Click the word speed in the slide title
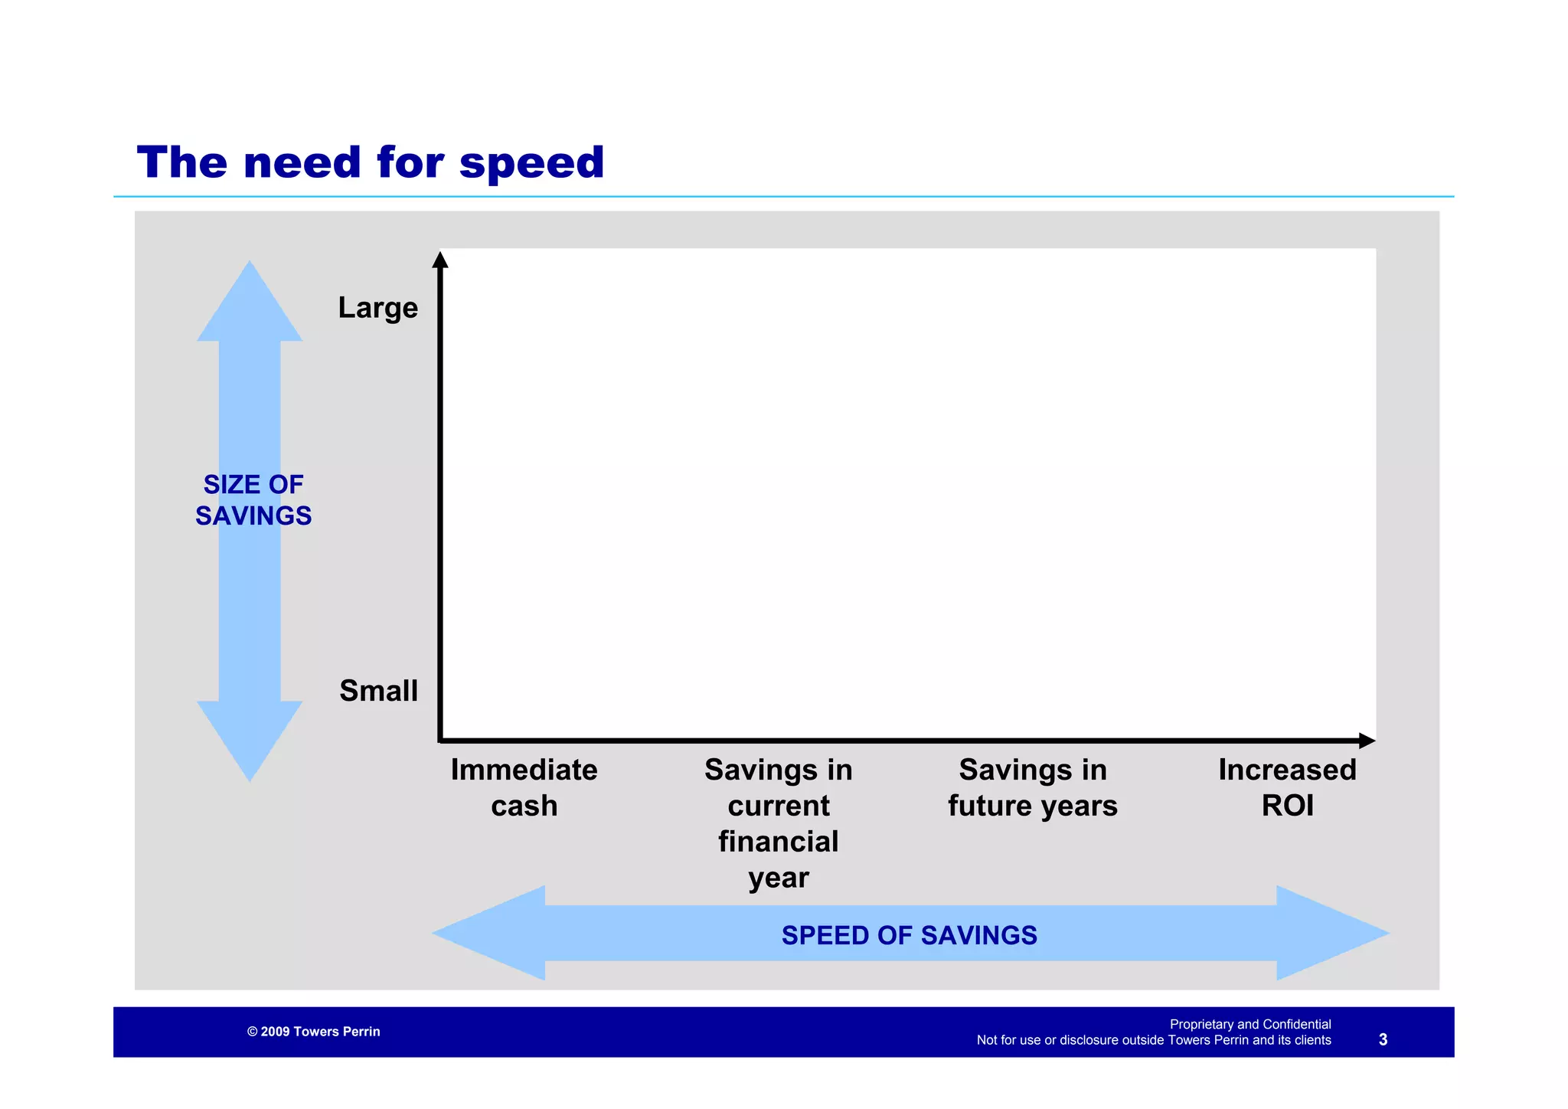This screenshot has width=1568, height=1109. point(531,164)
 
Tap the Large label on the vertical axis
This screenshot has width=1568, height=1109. point(378,308)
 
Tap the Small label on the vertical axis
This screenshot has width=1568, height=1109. point(378,691)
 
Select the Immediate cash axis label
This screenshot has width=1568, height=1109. point(524,787)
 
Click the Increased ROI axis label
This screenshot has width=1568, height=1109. point(1287,787)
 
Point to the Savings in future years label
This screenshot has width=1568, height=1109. point(1032,787)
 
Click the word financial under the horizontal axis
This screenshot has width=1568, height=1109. point(778,842)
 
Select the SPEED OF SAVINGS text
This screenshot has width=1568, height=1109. point(909,935)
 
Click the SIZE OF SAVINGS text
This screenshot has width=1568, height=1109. point(253,500)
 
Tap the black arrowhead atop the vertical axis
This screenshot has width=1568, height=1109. point(440,260)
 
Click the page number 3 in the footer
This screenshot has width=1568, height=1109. point(1383,1039)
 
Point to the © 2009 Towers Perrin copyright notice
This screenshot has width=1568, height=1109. point(313,1032)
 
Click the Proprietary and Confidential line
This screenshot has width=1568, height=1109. point(1249,1024)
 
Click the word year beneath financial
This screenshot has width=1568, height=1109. point(778,878)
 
